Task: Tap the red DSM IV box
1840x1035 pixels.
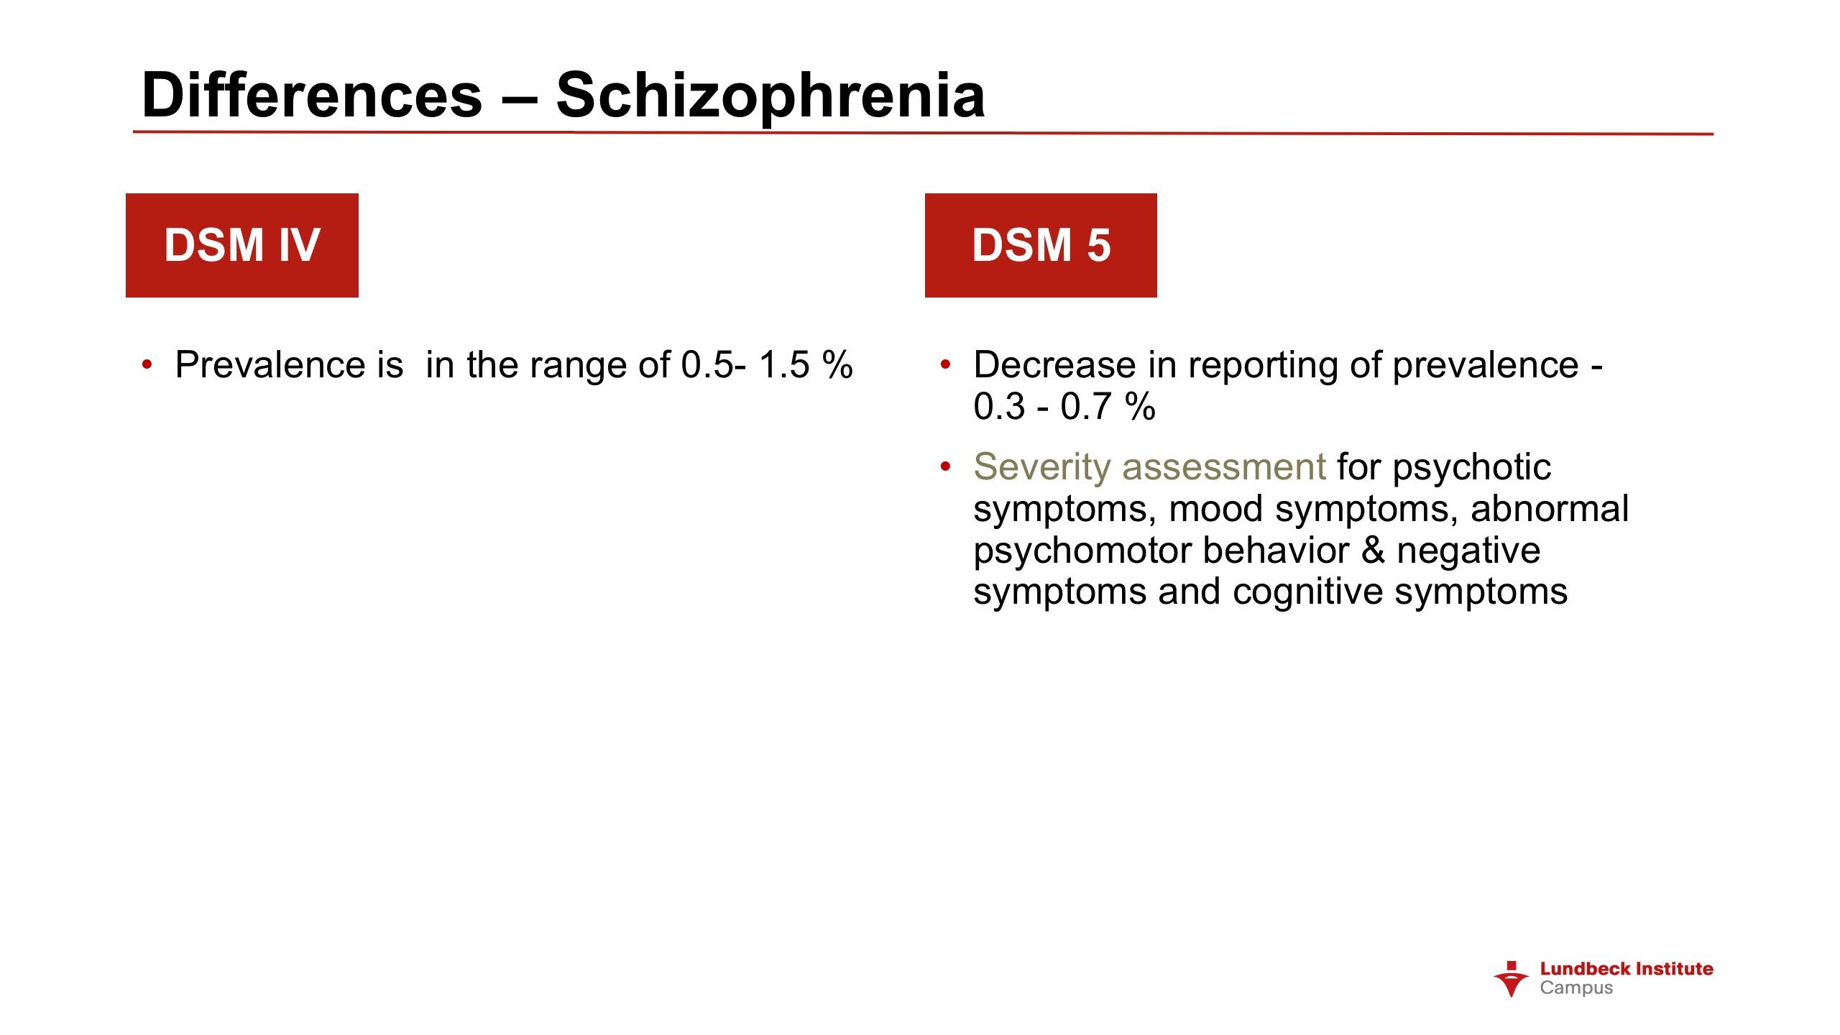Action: point(242,245)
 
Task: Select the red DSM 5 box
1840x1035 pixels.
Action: point(1041,245)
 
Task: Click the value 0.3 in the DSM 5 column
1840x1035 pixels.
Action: point(999,407)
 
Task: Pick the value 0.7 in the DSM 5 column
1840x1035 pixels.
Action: point(1086,407)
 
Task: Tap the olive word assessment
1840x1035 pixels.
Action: point(1224,468)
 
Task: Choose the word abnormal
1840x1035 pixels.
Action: point(1550,509)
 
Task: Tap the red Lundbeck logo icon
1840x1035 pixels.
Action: point(1511,978)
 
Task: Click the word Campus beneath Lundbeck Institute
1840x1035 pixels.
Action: point(1576,988)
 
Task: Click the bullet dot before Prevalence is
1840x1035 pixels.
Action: point(147,364)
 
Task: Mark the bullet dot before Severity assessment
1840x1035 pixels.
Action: point(945,467)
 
